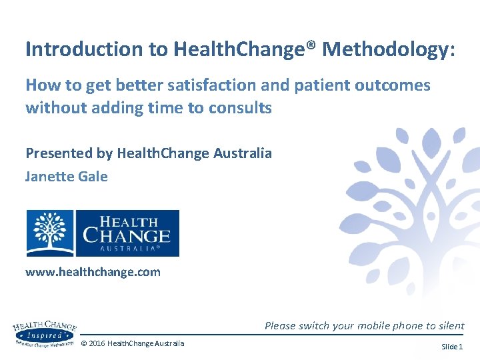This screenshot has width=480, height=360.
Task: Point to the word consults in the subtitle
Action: pos(243,108)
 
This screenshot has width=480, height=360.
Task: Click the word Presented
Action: pos(58,153)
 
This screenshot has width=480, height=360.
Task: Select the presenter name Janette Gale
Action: pos(66,177)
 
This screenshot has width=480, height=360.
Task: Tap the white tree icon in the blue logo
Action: pos(50,233)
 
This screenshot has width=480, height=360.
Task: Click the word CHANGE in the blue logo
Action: pos(127,235)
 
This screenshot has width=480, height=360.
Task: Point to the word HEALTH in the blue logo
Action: pos(128,221)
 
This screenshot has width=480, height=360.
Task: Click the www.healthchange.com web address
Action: pos(93,272)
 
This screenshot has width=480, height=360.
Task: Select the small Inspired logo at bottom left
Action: pos(44,333)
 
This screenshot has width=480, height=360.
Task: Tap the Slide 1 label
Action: pos(451,347)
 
